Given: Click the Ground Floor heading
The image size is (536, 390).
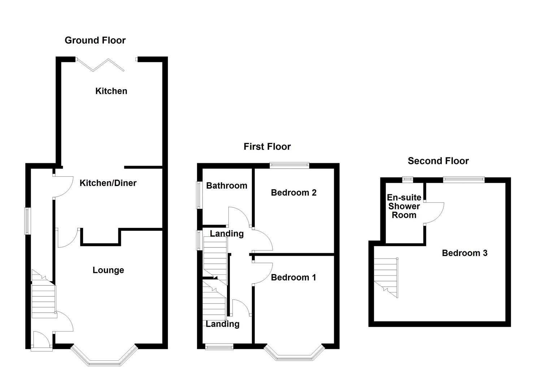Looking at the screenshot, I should click(x=95, y=40).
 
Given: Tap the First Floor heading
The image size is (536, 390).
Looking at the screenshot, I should click(x=267, y=147).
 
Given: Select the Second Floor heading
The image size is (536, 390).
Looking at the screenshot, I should click(x=438, y=161).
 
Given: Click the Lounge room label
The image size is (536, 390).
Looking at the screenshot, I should click(x=108, y=270).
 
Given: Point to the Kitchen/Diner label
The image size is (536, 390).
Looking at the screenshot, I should click(x=108, y=183).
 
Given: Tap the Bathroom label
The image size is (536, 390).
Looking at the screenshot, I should click(x=227, y=186).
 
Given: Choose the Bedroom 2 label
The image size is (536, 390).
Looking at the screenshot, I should click(x=293, y=193).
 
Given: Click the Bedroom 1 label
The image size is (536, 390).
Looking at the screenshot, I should click(x=293, y=277).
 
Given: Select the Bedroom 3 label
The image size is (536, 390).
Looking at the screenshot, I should click(x=465, y=253).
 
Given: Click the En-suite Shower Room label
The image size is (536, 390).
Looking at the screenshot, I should click(x=404, y=206).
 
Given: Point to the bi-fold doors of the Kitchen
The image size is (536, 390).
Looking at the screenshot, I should click(x=101, y=64).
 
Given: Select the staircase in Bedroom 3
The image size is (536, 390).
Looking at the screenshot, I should click(x=386, y=276).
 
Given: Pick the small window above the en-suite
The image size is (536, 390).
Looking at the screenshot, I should click(x=408, y=178).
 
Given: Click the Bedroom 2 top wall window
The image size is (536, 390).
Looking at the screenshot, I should click(x=290, y=165).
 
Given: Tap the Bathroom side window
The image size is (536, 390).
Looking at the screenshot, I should click(x=199, y=195).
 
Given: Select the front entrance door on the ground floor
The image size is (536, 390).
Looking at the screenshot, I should click(x=41, y=341).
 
